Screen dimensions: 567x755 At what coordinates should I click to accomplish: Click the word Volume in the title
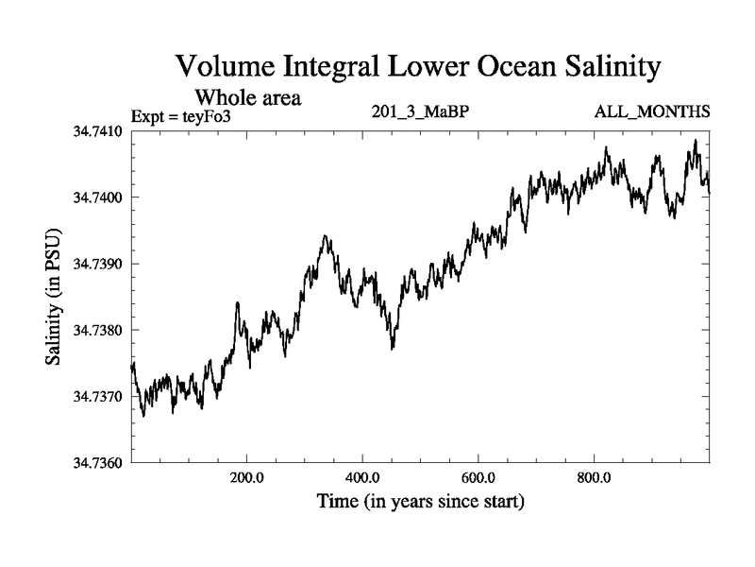coord(225,68)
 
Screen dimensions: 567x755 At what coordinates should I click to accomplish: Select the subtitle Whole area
coord(247,96)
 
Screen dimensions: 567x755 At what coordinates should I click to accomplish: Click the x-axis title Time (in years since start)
coord(421,502)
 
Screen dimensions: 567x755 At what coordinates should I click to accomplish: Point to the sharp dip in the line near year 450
coord(393,347)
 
